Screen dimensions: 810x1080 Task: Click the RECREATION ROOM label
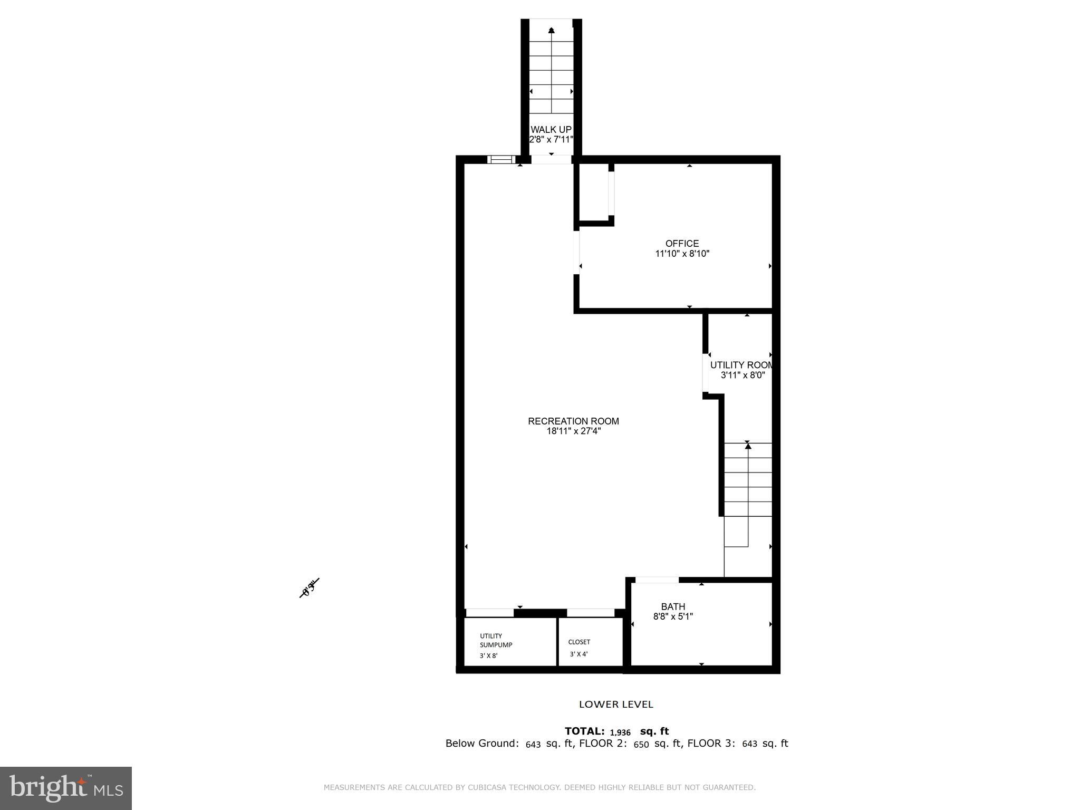click(573, 421)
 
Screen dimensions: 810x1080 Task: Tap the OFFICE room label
click(682, 243)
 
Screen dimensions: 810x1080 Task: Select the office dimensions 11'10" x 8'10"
click(682, 254)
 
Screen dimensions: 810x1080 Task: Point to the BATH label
click(673, 606)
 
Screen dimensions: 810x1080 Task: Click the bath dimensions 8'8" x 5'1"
click(673, 616)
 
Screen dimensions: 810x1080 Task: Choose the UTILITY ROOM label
click(741, 365)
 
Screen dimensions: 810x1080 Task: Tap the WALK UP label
click(551, 130)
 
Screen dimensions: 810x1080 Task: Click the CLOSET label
click(579, 642)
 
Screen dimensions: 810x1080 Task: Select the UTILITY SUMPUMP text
click(495, 640)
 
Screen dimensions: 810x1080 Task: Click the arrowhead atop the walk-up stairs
click(552, 30)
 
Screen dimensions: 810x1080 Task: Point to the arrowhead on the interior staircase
click(748, 446)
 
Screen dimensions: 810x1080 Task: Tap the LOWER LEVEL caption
click(616, 704)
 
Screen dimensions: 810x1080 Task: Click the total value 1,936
click(620, 732)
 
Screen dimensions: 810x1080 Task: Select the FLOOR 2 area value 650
click(641, 744)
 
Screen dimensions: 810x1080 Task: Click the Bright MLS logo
click(65, 788)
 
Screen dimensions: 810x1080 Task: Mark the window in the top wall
click(500, 159)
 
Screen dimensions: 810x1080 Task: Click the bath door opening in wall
click(657, 580)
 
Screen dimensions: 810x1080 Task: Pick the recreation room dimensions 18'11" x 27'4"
click(573, 431)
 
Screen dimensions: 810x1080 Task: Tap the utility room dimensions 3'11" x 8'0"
click(742, 375)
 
